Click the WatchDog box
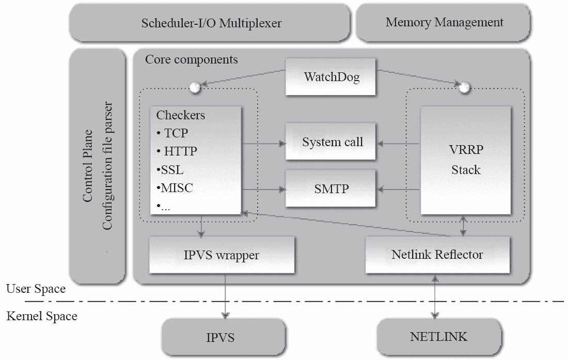331,78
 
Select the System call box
332,142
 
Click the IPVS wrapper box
222,255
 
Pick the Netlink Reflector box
437,255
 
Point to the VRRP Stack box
466,161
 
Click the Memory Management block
444,22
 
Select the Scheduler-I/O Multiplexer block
212,23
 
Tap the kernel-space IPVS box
224,338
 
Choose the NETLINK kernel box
438,337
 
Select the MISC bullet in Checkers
174,188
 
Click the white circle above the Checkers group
195,87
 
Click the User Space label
36,289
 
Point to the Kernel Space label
41,316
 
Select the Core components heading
191,59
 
